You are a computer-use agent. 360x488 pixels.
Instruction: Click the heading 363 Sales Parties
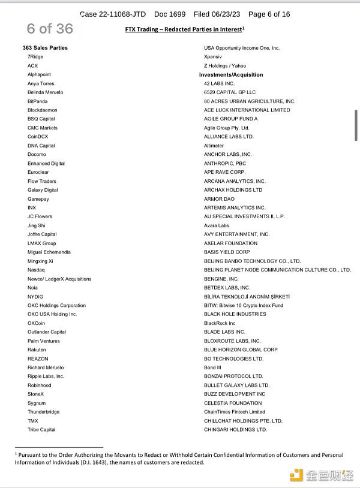click(x=45, y=47)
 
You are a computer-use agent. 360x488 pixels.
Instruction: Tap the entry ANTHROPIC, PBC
click(x=225, y=163)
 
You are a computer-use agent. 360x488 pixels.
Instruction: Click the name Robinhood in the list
click(x=40, y=385)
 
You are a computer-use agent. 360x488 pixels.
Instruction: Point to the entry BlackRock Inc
click(x=220, y=323)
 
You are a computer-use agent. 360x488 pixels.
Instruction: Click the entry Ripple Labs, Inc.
click(x=46, y=376)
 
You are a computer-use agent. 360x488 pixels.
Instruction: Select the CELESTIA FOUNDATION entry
click(x=233, y=403)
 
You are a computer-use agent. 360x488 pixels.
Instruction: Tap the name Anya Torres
click(x=41, y=83)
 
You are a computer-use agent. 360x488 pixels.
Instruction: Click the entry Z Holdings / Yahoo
click(x=225, y=65)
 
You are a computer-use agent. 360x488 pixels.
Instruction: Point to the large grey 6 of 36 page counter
click(x=50, y=28)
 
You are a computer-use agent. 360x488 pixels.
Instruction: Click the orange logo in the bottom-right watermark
click(x=296, y=474)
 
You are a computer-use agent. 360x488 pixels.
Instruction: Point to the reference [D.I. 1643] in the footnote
click(x=137, y=462)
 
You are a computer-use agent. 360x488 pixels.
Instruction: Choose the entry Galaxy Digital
click(x=43, y=190)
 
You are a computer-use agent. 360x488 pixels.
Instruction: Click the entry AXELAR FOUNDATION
click(x=230, y=243)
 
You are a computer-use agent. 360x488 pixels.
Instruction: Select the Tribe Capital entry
click(x=41, y=429)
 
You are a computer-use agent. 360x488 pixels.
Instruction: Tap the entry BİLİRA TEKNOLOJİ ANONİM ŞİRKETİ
click(x=247, y=297)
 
